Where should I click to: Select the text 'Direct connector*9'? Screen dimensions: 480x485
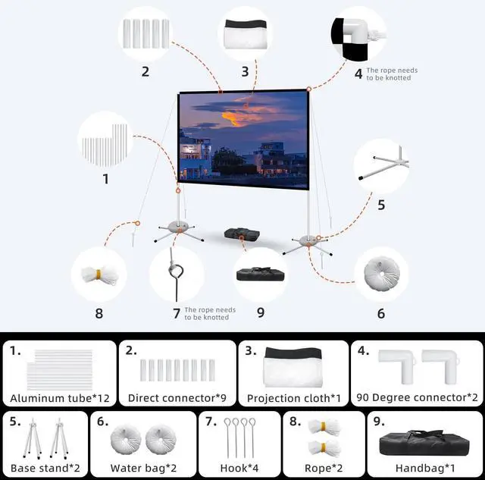click(177, 397)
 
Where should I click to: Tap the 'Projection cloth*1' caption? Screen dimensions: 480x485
click(293, 397)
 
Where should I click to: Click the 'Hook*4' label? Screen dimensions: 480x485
click(241, 467)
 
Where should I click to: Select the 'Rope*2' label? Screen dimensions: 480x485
click(323, 467)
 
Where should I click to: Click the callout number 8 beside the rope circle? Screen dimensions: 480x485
click(99, 313)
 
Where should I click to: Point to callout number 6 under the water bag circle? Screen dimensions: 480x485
click(381, 313)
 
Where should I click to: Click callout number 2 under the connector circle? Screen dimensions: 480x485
click(145, 72)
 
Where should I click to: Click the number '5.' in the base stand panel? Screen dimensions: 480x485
click(15, 422)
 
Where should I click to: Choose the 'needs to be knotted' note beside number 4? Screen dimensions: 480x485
click(391, 74)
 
